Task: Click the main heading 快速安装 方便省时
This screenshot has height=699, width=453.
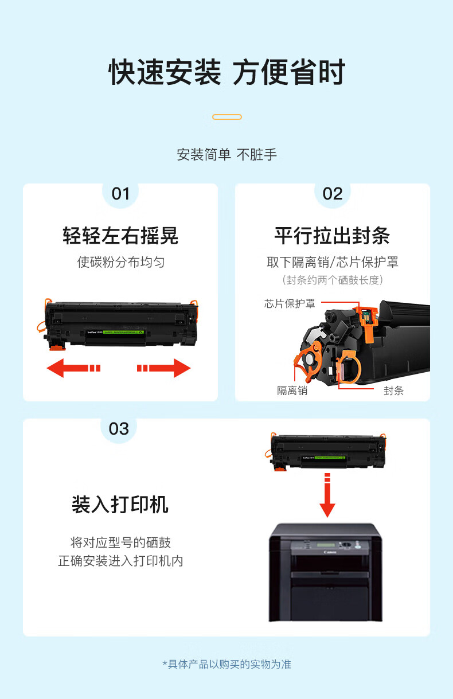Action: (227, 72)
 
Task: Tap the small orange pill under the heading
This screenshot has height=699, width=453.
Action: (227, 117)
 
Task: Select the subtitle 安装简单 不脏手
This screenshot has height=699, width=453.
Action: (227, 155)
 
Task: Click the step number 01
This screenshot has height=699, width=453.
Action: (120, 194)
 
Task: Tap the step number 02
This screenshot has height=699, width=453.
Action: (333, 194)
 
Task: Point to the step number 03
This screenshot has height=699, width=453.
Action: (119, 429)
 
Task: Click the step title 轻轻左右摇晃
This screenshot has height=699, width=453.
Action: (120, 236)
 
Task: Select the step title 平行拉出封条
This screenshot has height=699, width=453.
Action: (332, 236)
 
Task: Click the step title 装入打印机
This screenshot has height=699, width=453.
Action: (120, 505)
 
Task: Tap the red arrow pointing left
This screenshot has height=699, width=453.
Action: (73, 368)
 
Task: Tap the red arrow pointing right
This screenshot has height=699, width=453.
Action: (164, 368)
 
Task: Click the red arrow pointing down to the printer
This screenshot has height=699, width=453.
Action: (327, 495)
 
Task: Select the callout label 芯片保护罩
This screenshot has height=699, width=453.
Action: (290, 304)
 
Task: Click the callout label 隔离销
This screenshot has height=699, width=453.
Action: (292, 390)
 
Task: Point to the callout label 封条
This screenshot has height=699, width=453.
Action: (393, 390)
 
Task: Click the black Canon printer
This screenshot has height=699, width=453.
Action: (326, 573)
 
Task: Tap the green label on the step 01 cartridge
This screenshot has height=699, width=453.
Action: (123, 333)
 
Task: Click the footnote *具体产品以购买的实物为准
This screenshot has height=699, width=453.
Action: (227, 664)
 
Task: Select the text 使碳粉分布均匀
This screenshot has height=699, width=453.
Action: (121, 262)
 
